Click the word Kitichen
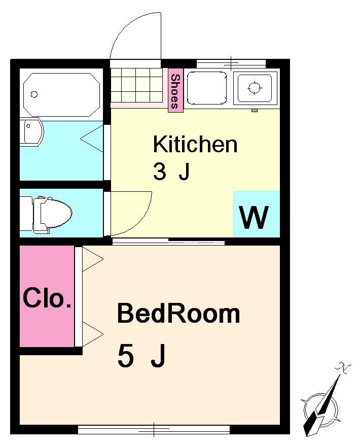pos(195,144)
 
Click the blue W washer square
pos(257,214)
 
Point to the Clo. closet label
pos(47,298)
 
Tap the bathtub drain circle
pos(34,94)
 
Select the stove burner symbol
pos(254,87)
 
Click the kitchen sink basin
pos(207,88)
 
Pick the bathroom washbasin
pos(32,132)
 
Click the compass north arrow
pos(323,402)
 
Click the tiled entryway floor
pos(136,85)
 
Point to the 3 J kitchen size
pos(171,173)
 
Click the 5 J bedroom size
pos(141,355)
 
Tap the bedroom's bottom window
pos(154,429)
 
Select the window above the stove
pos(231,63)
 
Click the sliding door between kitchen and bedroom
pos(168,242)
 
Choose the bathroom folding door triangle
pos(92,139)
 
